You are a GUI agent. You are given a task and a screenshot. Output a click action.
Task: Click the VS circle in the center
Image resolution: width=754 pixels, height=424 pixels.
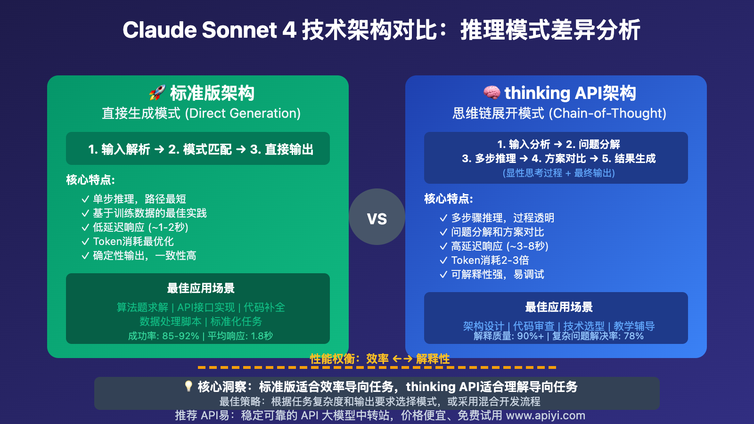coord(377,217)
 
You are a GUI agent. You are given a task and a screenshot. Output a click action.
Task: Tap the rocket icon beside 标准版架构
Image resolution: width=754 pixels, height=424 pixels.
coord(157,93)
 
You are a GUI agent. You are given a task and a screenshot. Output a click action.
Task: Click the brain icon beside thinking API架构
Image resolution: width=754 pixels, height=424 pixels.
coord(492,92)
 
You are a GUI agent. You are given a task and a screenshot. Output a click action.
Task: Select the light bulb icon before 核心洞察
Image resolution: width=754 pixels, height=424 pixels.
coord(188,386)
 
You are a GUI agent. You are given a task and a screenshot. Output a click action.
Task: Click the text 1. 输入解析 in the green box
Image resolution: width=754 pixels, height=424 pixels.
coord(119,149)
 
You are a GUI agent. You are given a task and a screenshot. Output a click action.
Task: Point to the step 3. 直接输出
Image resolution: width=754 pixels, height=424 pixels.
coord(282,149)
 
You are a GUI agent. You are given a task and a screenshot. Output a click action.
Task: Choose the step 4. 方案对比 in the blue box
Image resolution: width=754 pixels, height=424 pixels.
coord(559,158)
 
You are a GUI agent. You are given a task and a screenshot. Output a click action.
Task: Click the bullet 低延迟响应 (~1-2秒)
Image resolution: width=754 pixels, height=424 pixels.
coord(140,227)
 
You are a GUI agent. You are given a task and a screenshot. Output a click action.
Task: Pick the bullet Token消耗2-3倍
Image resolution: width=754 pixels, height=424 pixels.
coord(490,260)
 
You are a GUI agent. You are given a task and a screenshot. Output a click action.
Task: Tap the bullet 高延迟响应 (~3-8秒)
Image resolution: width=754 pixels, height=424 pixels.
coord(500,246)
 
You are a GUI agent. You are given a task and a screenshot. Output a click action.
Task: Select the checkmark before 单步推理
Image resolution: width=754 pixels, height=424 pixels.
coord(85,199)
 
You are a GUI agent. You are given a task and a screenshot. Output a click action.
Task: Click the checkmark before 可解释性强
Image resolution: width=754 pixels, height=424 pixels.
coord(443,274)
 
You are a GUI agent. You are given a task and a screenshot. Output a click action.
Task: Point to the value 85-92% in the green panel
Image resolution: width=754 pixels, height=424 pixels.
coord(180,336)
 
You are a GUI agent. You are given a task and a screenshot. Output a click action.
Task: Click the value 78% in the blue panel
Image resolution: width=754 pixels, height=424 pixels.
coord(633,336)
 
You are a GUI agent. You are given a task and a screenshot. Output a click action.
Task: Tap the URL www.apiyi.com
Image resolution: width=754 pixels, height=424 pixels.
coord(545,415)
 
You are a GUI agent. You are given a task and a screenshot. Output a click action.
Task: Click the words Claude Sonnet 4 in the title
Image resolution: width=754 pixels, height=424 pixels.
coord(209,30)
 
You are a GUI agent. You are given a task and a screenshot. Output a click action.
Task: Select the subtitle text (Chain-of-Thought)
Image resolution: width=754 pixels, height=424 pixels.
coord(607,113)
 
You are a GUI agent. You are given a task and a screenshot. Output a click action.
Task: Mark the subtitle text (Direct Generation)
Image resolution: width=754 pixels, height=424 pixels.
coord(243,113)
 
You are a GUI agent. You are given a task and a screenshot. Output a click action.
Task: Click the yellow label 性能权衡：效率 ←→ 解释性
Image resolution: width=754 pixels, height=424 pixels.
coord(380,359)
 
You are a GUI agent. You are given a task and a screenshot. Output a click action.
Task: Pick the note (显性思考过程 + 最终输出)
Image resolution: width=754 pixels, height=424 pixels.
coord(558,173)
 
